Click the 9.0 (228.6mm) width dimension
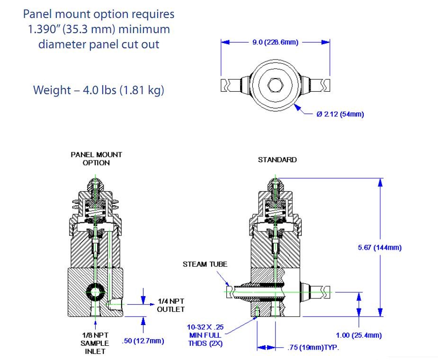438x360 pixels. [275, 42]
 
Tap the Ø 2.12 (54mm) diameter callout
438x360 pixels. [340, 114]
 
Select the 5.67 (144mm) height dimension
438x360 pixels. [380, 247]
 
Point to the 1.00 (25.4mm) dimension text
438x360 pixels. [358, 335]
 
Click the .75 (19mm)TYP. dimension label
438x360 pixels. [313, 348]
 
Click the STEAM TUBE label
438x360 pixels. [205, 264]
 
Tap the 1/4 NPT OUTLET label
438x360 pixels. [170, 305]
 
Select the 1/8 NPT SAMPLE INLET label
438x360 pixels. [95, 343]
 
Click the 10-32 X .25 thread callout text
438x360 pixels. [205, 326]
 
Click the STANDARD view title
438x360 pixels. [277, 160]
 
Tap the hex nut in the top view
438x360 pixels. [275, 85]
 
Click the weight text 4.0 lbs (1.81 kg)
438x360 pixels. [98, 90]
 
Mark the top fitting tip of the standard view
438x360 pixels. [274, 180]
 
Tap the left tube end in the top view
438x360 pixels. [226, 86]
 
